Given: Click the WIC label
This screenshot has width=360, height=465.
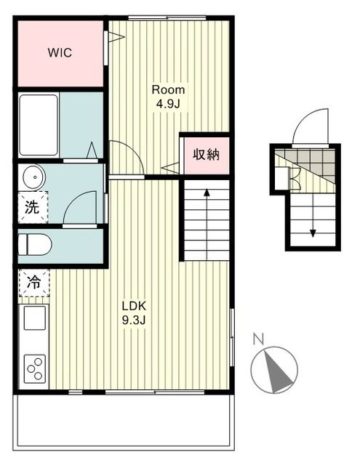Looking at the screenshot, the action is tap(60, 53).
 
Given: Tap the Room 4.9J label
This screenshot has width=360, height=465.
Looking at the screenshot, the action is tap(168, 97).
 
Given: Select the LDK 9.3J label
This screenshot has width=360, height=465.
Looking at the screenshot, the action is tap(134, 312).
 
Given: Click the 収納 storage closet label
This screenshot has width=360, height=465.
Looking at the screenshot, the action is tap(206, 154).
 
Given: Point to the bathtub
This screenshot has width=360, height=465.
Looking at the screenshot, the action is tap(39, 125).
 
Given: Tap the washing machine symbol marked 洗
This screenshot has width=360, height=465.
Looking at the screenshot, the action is tap(33, 207).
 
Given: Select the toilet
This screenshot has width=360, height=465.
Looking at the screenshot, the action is tap(35, 244).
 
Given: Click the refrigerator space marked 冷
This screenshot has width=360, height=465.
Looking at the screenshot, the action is tap(34, 283).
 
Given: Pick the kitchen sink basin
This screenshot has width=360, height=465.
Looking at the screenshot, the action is tap(35, 318).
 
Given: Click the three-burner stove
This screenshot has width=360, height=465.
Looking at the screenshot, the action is tap(35, 368).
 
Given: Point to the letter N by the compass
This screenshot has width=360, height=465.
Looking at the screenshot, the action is tap(259, 339).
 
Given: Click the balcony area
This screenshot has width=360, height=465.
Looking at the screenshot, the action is tap(124, 421).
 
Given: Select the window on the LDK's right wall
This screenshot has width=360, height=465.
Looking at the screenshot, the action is tap(232, 337).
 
